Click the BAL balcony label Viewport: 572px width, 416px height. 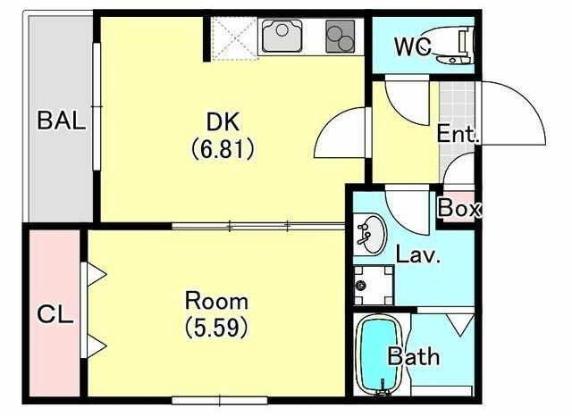(x=62, y=121)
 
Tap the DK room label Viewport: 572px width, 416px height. (x=223, y=122)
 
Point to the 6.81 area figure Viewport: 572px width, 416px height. (x=223, y=149)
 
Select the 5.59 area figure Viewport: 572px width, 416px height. (x=216, y=328)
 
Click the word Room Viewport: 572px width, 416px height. (x=216, y=301)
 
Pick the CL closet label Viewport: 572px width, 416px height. (x=55, y=314)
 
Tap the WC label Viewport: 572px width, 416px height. (x=413, y=46)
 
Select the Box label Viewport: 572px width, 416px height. (x=459, y=208)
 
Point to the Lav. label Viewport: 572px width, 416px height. (x=418, y=254)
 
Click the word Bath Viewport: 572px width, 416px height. (x=413, y=356)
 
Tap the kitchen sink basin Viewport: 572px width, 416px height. (x=282, y=36)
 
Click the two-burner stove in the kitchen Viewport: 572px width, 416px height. (x=341, y=37)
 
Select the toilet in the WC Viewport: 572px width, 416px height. (x=451, y=46)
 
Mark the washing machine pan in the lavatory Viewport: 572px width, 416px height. (x=374, y=286)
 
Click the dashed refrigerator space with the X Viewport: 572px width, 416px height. (x=235, y=38)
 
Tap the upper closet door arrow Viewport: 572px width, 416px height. (x=94, y=274)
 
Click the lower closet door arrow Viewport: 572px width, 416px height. (x=94, y=346)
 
